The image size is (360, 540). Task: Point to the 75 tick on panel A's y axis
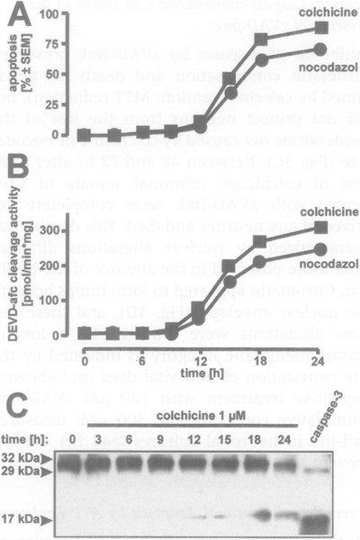point(61,44)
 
